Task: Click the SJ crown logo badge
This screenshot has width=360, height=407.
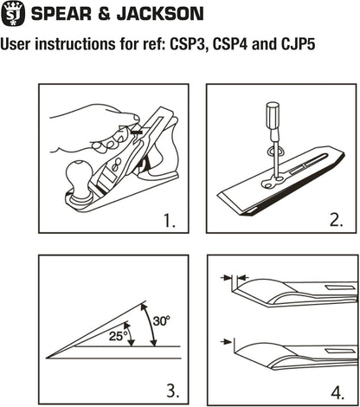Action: click(x=13, y=12)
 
